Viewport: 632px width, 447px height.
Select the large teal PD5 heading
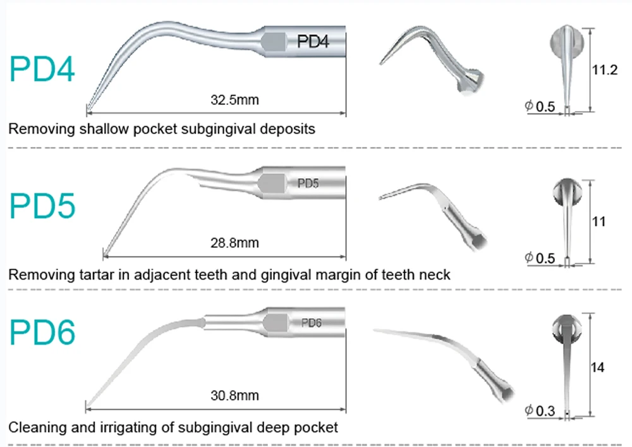click(42, 207)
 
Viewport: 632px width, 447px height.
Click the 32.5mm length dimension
click(234, 99)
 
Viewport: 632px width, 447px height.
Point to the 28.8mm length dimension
click(234, 243)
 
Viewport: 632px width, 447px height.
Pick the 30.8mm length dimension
click(234, 396)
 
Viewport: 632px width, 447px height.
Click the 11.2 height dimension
click(604, 70)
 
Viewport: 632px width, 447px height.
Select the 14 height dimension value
click(598, 367)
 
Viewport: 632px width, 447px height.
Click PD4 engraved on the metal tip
click(313, 42)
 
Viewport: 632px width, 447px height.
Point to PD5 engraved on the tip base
click(308, 184)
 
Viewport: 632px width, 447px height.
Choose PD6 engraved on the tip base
click(312, 322)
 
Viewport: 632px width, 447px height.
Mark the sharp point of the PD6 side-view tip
click(87, 405)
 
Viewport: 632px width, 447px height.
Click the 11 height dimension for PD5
click(598, 222)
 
